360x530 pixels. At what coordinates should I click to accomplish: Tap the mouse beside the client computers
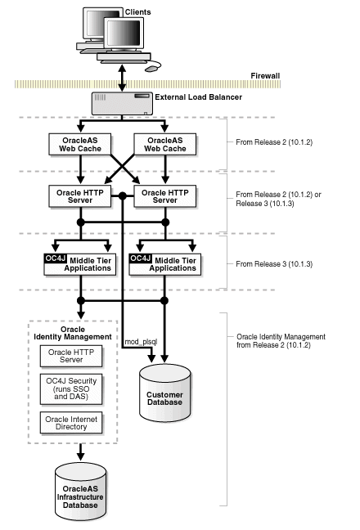(152, 69)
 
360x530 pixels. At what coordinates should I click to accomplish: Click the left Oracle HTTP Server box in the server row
(79, 196)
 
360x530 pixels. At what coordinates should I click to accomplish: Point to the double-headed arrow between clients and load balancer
(122, 77)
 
